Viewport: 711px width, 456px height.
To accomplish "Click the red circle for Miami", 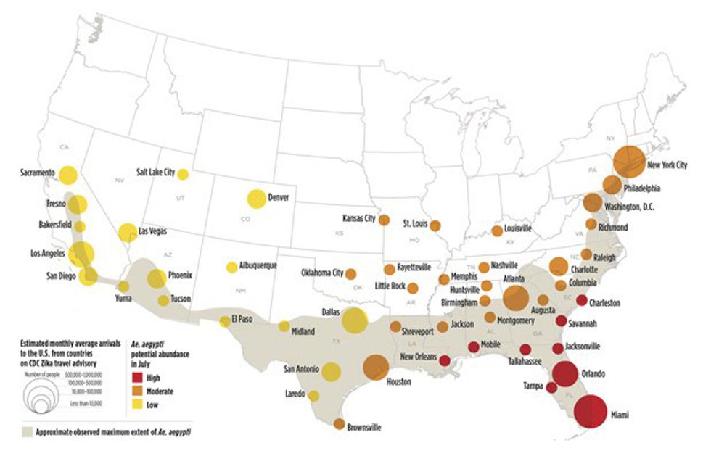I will pyautogui.click(x=590, y=412).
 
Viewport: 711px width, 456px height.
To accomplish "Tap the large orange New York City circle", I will pyautogui.click(x=628, y=161).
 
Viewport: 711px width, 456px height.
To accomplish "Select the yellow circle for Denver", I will pyautogui.click(x=256, y=198).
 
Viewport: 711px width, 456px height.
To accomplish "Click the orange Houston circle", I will pyautogui.click(x=377, y=368).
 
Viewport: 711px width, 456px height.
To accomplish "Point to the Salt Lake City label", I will pyautogui.click(x=155, y=173).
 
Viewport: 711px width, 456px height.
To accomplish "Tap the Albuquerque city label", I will pyautogui.click(x=259, y=266).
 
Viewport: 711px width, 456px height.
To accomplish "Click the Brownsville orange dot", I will pyautogui.click(x=339, y=424).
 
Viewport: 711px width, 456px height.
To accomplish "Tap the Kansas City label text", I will pyautogui.click(x=359, y=217).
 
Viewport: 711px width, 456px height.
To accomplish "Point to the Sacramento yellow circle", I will pyautogui.click(x=68, y=175).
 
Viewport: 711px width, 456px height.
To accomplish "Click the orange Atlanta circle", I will pyautogui.click(x=516, y=297).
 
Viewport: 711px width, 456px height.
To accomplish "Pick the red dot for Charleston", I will pyautogui.click(x=581, y=301).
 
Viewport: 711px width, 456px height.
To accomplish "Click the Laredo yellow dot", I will pyautogui.click(x=313, y=396).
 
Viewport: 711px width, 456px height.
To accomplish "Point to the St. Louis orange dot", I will pyautogui.click(x=435, y=225).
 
